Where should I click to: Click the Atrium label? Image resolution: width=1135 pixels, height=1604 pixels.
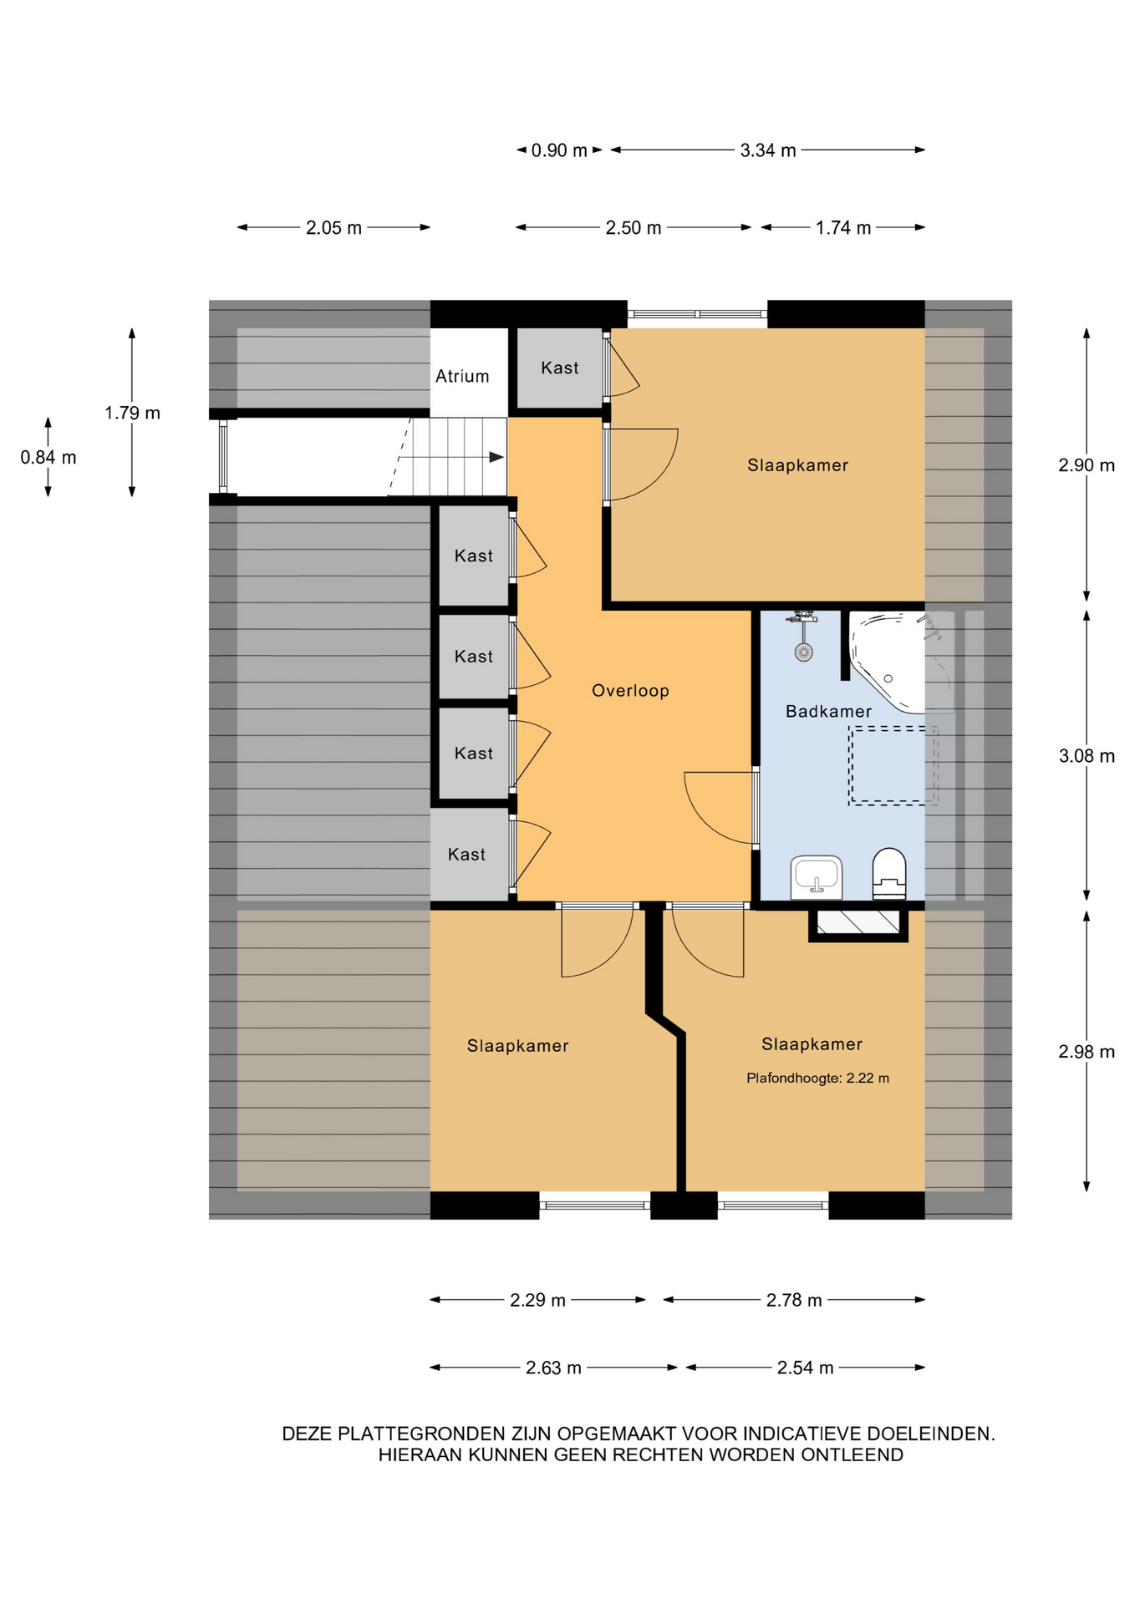tap(462, 376)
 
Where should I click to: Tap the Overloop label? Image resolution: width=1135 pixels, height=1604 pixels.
tap(630, 691)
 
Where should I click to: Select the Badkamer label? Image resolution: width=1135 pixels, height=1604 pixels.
tap(828, 712)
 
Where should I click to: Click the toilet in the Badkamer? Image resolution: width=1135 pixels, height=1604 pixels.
tap(889, 874)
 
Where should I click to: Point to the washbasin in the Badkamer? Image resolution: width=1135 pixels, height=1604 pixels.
tap(816, 877)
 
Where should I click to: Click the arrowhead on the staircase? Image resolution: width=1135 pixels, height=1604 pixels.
tap(496, 457)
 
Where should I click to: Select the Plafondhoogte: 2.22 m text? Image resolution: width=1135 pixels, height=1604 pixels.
tap(817, 1079)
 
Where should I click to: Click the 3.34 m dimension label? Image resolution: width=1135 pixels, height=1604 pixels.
tap(768, 150)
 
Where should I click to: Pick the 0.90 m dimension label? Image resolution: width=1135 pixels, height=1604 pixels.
tap(559, 150)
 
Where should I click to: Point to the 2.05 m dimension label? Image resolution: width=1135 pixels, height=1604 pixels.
tap(333, 227)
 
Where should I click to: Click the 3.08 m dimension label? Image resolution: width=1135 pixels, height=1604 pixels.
tap(1087, 756)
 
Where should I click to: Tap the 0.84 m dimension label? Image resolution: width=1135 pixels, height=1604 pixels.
tap(48, 458)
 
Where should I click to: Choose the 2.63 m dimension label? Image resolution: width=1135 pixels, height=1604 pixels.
tap(553, 1368)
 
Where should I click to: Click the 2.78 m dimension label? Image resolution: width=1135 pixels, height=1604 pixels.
tap(794, 1301)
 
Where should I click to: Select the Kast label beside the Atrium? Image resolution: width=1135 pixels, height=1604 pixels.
tap(559, 368)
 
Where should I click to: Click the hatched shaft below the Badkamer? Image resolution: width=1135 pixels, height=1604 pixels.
tap(858, 922)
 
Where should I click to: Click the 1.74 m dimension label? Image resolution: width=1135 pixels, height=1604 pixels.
tap(843, 227)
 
